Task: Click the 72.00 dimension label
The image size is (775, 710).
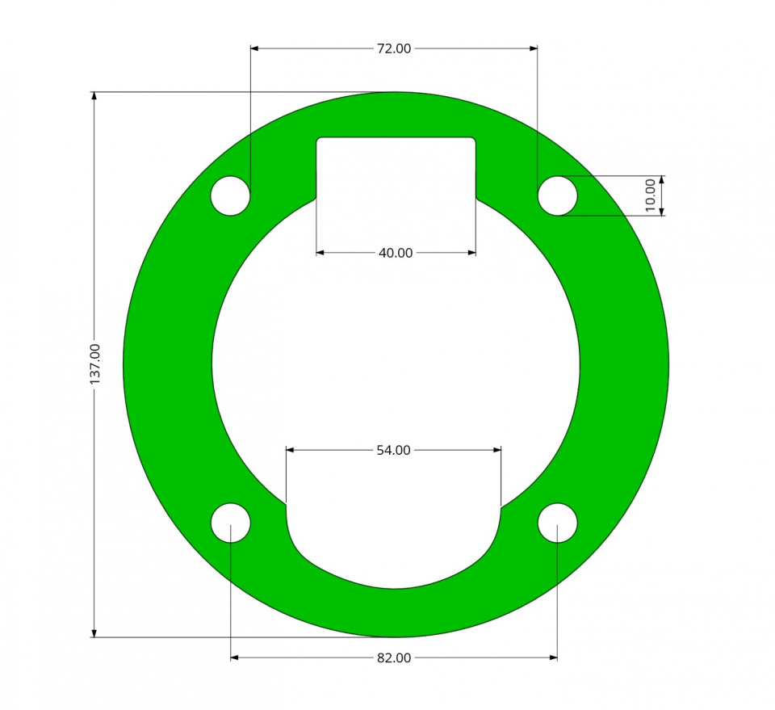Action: (394, 48)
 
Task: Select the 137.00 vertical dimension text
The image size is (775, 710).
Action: (95, 364)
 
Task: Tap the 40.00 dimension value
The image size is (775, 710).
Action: (396, 253)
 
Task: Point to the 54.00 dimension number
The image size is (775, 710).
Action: (393, 451)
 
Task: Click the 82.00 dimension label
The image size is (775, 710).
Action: (394, 658)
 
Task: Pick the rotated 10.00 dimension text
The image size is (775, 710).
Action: (651, 195)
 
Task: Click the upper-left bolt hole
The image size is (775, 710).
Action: (230, 195)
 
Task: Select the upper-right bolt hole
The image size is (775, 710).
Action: (558, 195)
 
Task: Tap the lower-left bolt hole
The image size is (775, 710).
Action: (230, 523)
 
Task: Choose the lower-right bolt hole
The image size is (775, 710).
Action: (558, 523)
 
